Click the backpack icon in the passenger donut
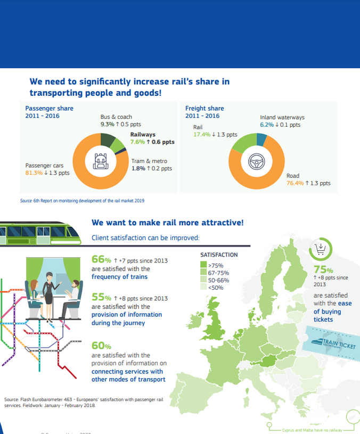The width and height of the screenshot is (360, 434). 100,161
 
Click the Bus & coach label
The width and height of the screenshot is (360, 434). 116,117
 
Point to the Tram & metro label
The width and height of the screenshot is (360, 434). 149,161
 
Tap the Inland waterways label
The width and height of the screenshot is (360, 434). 282,117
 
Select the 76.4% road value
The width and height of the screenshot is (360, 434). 295,183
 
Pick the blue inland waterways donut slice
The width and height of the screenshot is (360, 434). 261,140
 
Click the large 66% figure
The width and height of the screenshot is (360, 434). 101,260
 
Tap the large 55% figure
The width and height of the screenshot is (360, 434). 101,297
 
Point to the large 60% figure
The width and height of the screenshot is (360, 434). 101,346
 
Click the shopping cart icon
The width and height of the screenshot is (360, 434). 321,248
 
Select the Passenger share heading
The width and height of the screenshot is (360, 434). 50,108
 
